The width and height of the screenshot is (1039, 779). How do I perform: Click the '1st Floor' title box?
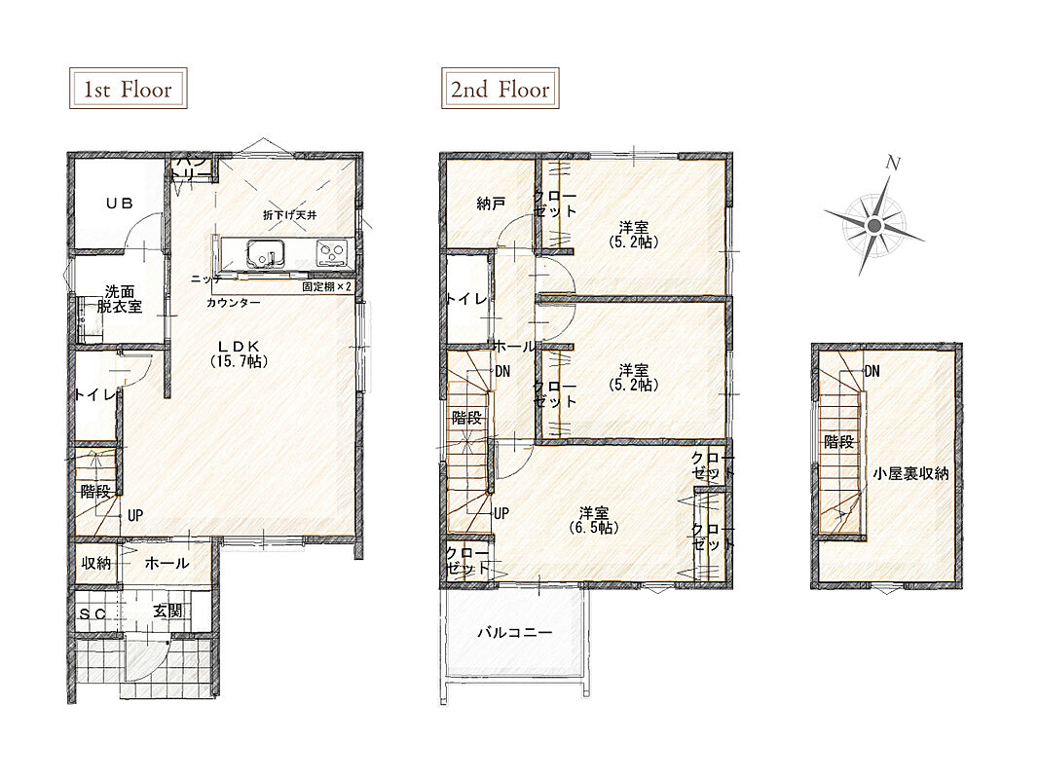(128, 88)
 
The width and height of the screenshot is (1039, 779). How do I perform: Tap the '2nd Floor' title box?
(501, 88)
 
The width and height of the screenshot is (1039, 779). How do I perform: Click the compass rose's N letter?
(894, 163)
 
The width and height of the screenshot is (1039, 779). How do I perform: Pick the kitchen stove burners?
(331, 252)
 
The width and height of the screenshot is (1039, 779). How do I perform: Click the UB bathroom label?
(119, 204)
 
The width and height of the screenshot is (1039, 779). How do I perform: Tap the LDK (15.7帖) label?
(239, 353)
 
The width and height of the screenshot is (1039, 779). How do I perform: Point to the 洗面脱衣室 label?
(119, 299)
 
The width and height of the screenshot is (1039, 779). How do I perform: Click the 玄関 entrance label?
(167, 611)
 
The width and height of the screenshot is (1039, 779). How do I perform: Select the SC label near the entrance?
(93, 614)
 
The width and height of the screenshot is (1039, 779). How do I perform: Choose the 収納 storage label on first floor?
(96, 563)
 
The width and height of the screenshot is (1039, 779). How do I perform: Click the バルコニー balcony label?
(515, 633)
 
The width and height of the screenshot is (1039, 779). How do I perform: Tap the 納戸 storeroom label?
(491, 204)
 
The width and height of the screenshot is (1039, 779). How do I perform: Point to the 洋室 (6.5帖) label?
(594, 521)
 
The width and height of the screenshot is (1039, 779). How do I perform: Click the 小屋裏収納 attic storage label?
(910, 473)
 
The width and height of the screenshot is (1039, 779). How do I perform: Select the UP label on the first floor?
(135, 515)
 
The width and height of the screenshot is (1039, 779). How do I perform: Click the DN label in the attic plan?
(872, 371)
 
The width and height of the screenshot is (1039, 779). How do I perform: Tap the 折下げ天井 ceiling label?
(290, 215)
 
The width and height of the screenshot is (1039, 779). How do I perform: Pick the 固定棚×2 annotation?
(327, 287)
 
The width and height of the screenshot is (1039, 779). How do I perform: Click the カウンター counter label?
(234, 303)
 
